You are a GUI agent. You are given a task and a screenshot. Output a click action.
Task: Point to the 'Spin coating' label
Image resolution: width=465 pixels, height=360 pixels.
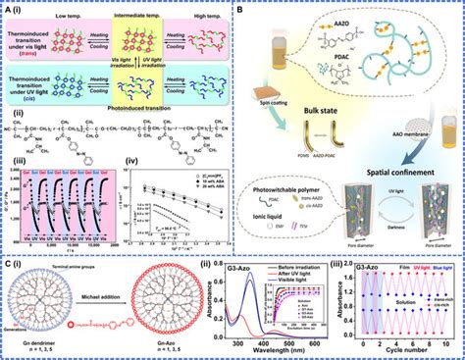click(276, 114)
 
